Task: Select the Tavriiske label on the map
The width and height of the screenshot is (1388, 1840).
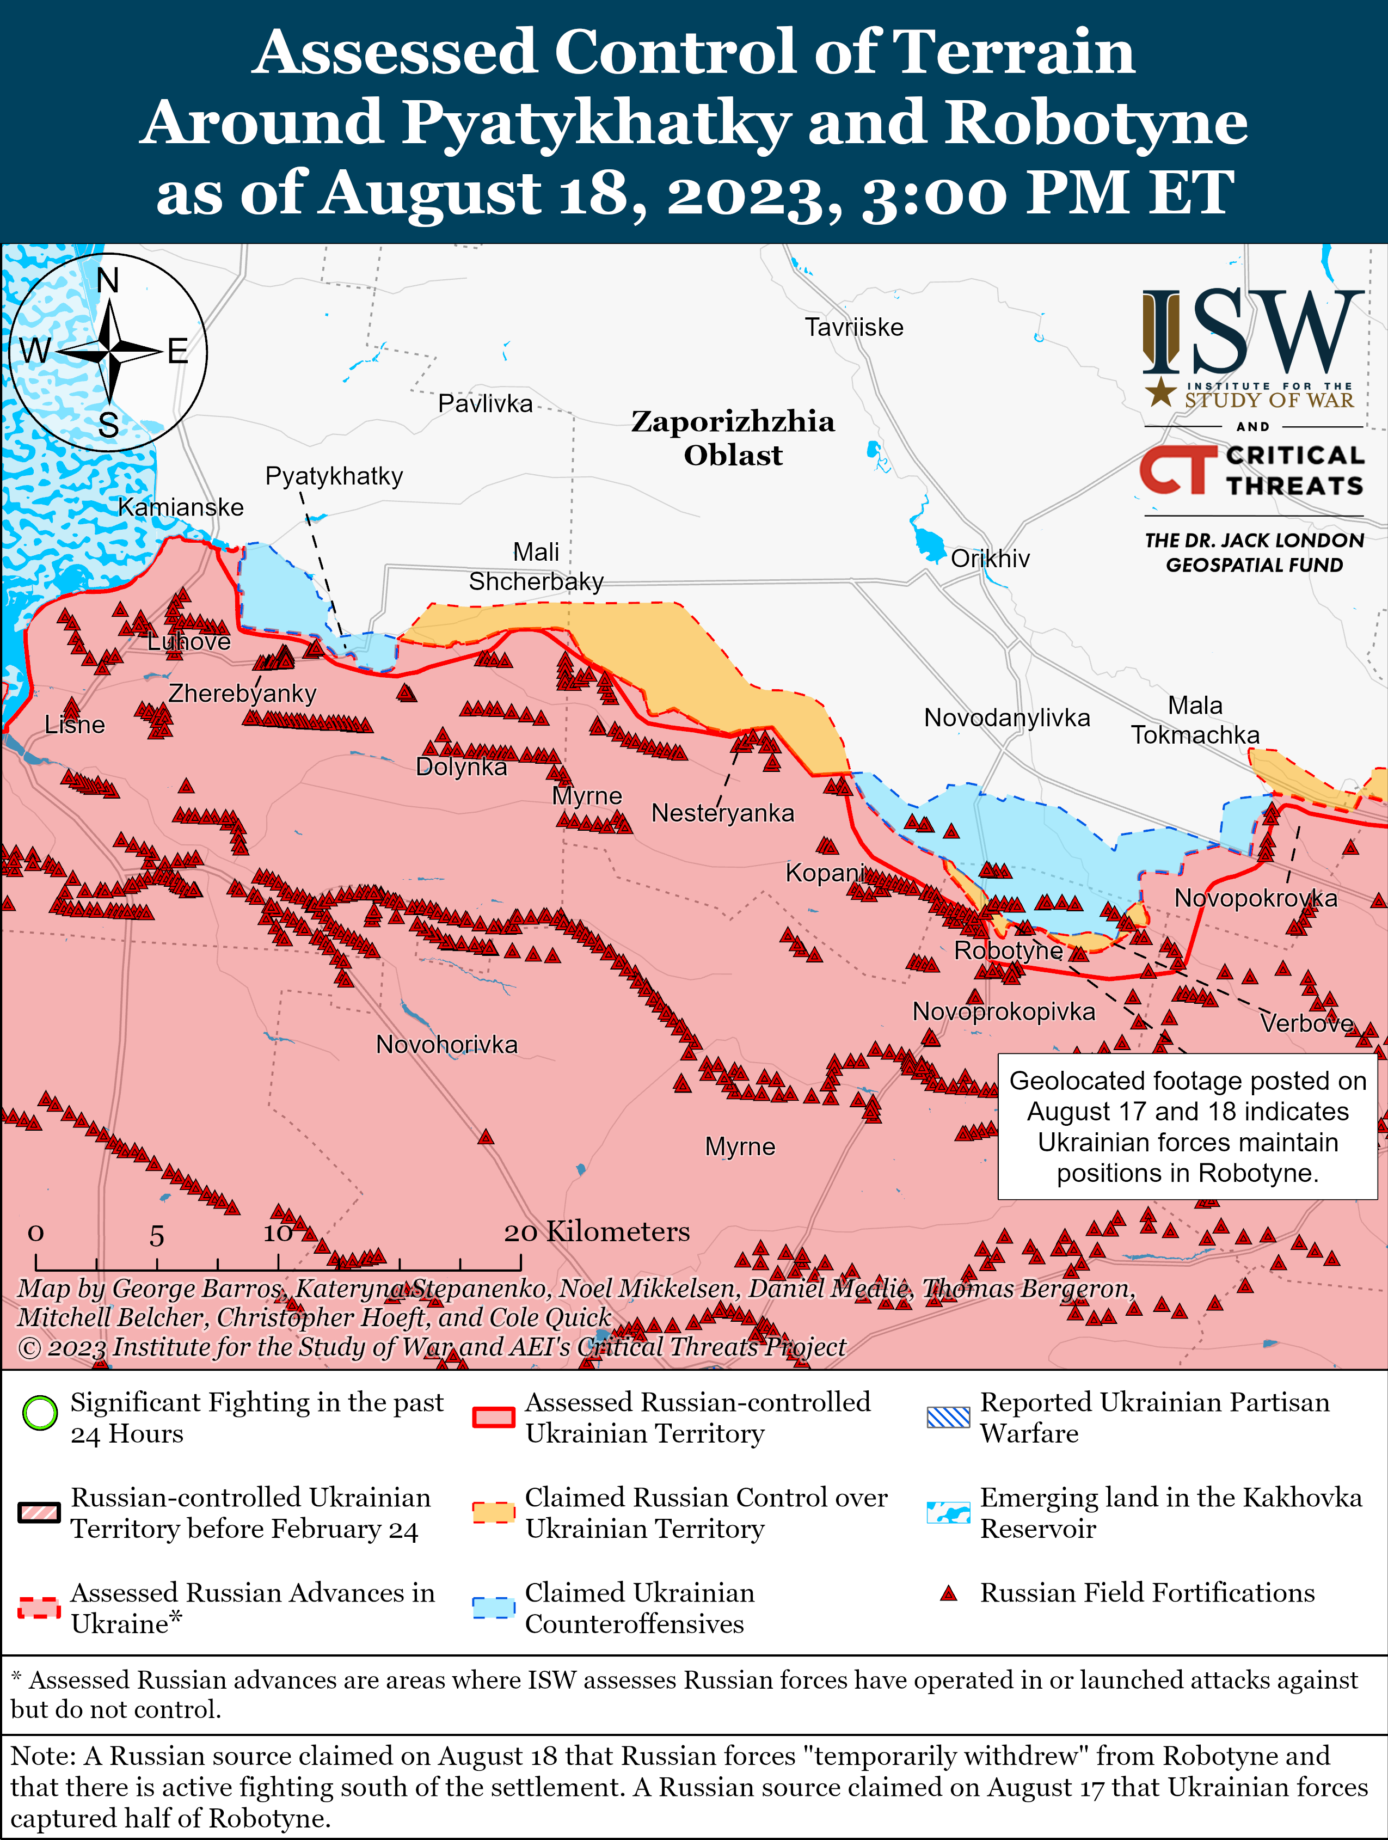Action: [x=853, y=327]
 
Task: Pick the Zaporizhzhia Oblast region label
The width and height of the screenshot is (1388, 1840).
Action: [x=733, y=438]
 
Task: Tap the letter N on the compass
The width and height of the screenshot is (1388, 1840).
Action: [x=108, y=280]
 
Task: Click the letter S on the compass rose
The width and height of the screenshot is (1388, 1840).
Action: [x=108, y=425]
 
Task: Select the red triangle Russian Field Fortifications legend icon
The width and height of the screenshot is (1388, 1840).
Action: [x=948, y=1593]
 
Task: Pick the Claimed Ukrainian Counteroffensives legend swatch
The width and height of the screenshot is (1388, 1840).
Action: [x=493, y=1607]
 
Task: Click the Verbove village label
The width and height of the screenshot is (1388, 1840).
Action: [x=1306, y=1022]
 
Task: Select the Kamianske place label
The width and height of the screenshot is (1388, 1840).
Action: [x=181, y=507]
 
